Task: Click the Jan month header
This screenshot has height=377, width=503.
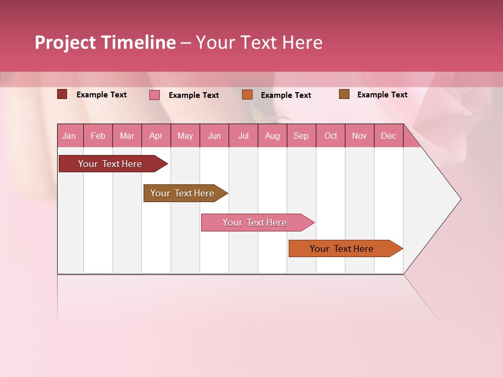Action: tap(69, 136)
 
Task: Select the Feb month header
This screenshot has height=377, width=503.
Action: tap(98, 136)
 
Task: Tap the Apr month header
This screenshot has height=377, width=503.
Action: tap(156, 136)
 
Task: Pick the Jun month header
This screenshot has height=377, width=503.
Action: tap(214, 136)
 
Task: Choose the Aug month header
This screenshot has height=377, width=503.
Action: tap(272, 136)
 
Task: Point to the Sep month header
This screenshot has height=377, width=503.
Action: tap(301, 136)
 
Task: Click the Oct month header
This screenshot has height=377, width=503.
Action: tap(331, 136)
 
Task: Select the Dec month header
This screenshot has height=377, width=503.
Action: tap(388, 136)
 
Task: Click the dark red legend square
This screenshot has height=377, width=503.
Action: tap(62, 94)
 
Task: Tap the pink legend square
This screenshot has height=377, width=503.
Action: tap(155, 95)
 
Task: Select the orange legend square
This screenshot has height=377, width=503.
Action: tap(247, 95)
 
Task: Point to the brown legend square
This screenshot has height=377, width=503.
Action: tap(344, 94)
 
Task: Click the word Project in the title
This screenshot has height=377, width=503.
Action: tap(65, 42)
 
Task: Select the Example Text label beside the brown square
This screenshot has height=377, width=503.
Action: tap(382, 95)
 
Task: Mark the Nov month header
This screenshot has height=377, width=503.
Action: tap(359, 136)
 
